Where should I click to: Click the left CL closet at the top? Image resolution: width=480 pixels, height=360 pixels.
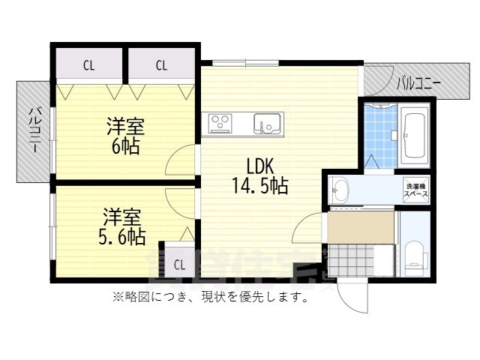pyautogui.click(x=88, y=65)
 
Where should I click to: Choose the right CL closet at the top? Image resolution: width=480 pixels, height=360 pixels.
pyautogui.click(x=161, y=65)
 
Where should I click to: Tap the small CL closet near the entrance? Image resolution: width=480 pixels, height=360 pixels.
pyautogui.click(x=179, y=264)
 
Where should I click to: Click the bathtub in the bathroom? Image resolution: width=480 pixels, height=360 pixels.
pyautogui.click(x=414, y=136)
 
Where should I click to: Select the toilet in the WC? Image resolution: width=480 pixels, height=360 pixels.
pyautogui.click(x=414, y=255)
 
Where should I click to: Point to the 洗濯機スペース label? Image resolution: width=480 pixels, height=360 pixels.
pyautogui.click(x=416, y=190)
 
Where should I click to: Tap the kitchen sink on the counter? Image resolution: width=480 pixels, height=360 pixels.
pyautogui.click(x=266, y=121)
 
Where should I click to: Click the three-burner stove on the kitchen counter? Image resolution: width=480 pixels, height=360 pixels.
pyautogui.click(x=223, y=121)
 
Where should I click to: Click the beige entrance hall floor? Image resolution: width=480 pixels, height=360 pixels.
pyautogui.click(x=360, y=226)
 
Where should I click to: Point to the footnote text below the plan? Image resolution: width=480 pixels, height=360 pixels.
pyautogui.click(x=211, y=298)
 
